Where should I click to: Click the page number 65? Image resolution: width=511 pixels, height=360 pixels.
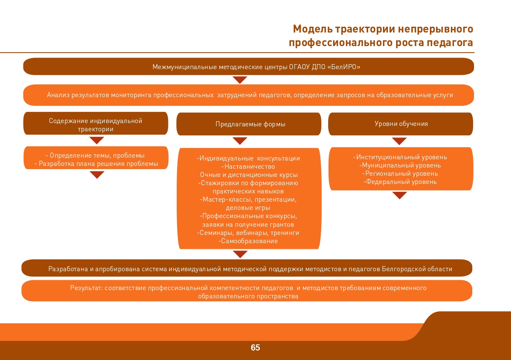click(x=255, y=348)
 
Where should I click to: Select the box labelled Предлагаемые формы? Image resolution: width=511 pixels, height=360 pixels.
click(x=249, y=124)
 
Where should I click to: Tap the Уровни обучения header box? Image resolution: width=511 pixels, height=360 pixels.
click(x=401, y=124)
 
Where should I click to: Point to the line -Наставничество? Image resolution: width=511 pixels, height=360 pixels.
click(x=248, y=167)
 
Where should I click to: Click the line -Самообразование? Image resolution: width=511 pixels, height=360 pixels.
click(x=248, y=241)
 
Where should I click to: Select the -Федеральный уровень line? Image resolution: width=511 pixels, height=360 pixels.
click(x=400, y=182)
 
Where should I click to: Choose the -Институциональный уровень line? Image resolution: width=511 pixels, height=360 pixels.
click(x=400, y=157)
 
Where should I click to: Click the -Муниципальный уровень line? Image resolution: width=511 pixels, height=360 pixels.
click(x=400, y=165)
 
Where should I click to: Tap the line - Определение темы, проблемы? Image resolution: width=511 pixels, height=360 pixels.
click(x=95, y=156)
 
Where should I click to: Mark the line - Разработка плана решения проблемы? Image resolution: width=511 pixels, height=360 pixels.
click(x=96, y=164)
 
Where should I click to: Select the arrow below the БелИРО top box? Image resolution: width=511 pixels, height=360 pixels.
click(x=240, y=80)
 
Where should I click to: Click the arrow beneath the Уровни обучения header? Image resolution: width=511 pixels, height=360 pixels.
click(x=399, y=141)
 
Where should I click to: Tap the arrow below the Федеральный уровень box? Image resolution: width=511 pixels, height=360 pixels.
click(x=399, y=195)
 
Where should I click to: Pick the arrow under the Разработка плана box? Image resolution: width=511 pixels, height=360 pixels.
click(x=97, y=175)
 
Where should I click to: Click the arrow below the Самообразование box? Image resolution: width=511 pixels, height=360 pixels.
click(x=240, y=254)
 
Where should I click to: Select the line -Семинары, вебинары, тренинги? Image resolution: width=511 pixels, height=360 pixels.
click(x=248, y=233)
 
